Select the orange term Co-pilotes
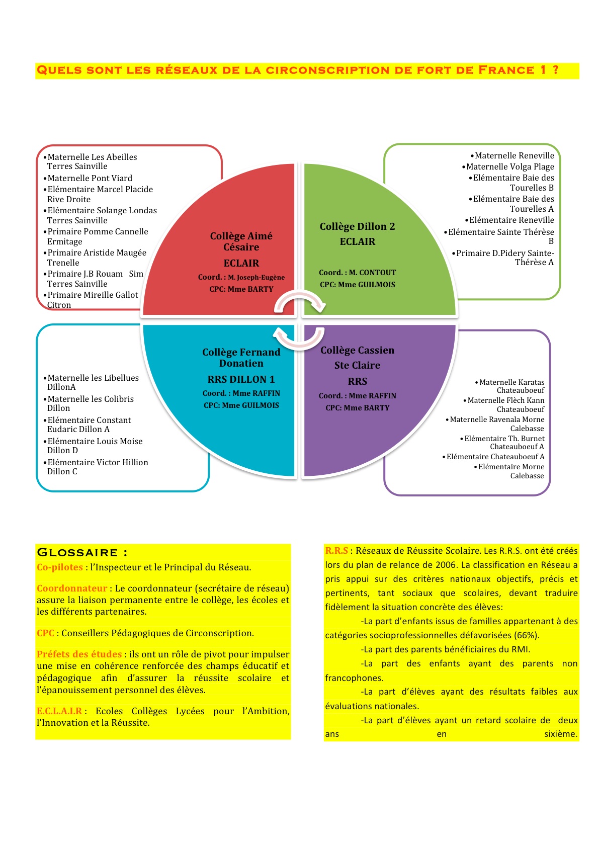tap(60, 567)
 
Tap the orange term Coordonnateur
tap(72, 588)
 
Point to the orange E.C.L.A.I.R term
tap(59, 711)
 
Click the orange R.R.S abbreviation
tap(336, 551)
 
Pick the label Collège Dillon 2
tap(357, 226)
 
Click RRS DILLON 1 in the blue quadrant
tap(241, 379)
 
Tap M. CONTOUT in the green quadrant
tap(372, 273)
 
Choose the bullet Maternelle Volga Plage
tap(508, 167)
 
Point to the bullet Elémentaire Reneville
tap(509, 220)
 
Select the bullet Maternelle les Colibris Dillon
tap(88, 403)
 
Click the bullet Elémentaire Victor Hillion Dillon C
tap(95, 467)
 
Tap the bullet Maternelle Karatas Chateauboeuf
tap(509, 386)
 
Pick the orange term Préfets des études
tap(79, 654)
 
